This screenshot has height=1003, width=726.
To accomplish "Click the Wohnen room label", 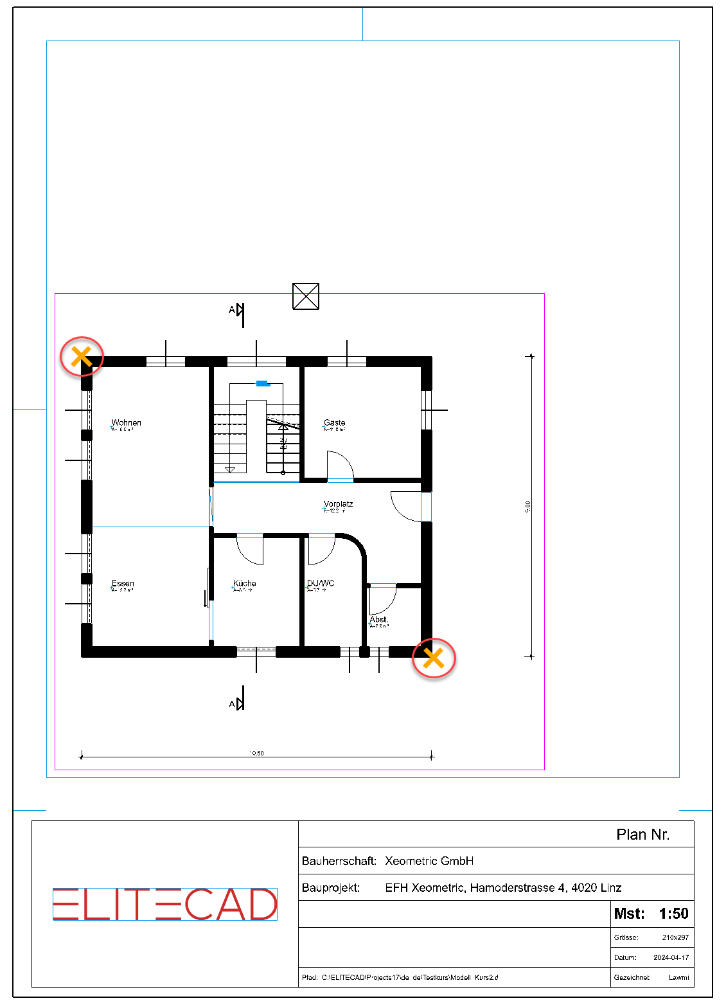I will click(x=126, y=423).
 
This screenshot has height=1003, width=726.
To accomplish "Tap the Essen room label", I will click(x=123, y=584).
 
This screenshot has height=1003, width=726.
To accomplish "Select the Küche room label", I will click(x=244, y=584).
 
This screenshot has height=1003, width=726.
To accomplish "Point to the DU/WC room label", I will click(x=321, y=584).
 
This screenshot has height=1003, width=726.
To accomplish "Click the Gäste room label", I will click(x=334, y=423).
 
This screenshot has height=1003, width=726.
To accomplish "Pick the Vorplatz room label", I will click(x=338, y=504).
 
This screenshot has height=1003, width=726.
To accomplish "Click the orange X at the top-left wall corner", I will click(x=82, y=356).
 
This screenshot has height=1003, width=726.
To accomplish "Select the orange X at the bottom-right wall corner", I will click(x=434, y=658).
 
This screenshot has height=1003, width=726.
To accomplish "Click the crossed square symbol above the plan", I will click(x=306, y=296).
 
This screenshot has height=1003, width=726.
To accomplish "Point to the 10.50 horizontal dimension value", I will click(x=256, y=753).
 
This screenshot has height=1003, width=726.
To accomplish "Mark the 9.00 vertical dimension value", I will click(x=528, y=507).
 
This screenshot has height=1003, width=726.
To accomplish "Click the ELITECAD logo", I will click(x=164, y=905).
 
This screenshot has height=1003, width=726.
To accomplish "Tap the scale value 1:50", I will click(x=673, y=914).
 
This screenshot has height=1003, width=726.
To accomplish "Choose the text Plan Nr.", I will click(x=642, y=835).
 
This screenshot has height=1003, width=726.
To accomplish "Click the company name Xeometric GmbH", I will click(x=429, y=861).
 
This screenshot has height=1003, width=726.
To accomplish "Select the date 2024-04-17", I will click(x=671, y=957).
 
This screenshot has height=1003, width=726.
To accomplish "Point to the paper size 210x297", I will click(x=675, y=937).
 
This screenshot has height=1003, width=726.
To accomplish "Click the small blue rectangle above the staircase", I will click(x=262, y=384).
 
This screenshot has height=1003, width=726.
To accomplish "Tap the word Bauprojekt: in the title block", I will click(x=331, y=888).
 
